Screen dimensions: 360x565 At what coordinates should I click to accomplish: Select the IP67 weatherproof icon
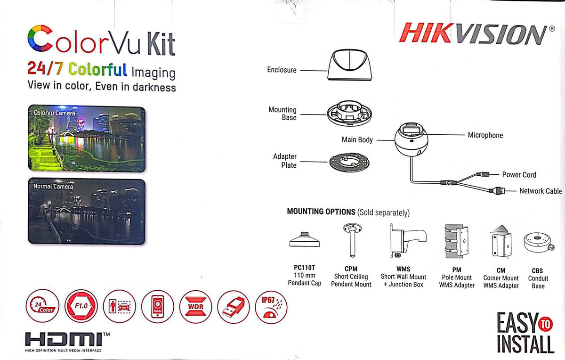point(271,307)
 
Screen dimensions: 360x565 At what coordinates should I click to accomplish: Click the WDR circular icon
point(196,307)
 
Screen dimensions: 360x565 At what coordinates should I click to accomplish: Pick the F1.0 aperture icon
point(82,307)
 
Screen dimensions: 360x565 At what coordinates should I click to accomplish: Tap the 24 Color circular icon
point(42,307)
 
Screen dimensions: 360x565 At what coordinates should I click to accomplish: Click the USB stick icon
point(234,307)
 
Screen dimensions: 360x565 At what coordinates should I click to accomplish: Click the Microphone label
point(485,135)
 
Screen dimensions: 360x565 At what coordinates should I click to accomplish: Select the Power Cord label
point(519,175)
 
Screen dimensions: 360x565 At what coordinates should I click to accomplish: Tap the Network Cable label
point(540,191)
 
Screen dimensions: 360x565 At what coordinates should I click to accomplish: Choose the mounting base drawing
point(350,115)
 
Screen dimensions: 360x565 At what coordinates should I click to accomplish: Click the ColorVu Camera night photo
point(87,139)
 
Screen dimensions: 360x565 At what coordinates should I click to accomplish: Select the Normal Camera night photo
point(87,211)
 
